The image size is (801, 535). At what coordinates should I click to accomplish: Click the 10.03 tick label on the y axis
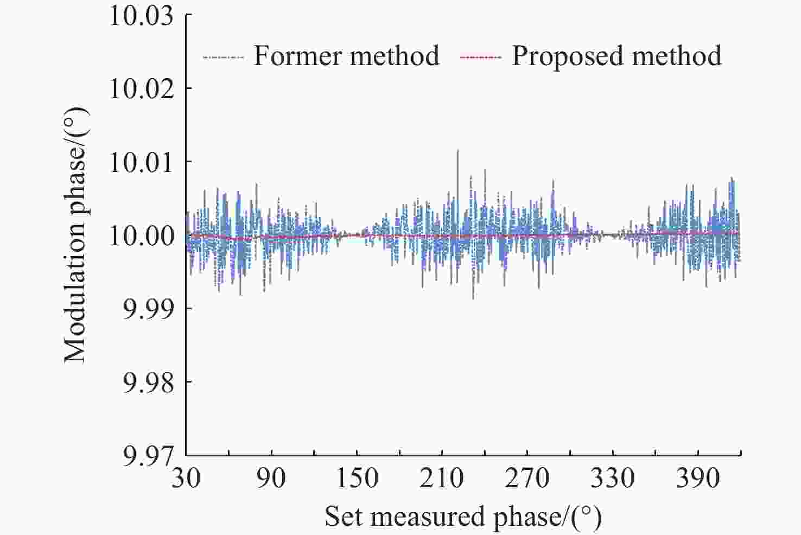(x=142, y=16)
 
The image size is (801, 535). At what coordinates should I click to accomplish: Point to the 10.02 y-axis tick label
(x=142, y=88)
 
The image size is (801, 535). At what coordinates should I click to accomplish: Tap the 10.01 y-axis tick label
(x=142, y=162)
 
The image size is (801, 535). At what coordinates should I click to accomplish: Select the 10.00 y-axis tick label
(x=142, y=236)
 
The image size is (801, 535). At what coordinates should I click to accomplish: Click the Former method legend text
(x=347, y=56)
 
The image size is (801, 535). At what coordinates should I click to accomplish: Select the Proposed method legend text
(x=617, y=56)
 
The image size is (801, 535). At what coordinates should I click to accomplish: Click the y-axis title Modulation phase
(x=75, y=235)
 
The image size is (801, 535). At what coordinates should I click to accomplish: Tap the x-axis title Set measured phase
(x=463, y=517)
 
